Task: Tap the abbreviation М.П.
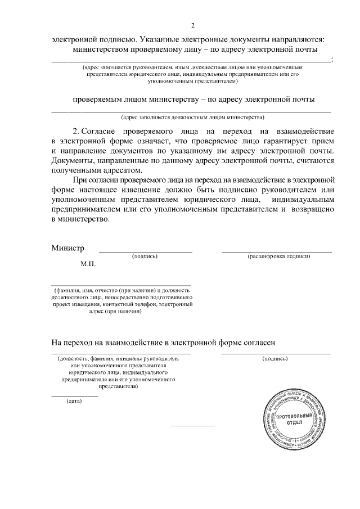(x=88, y=263)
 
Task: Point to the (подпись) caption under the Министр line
(x=145, y=256)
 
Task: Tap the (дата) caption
(x=74, y=401)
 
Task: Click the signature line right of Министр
(x=146, y=251)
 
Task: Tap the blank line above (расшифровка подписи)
(x=276, y=251)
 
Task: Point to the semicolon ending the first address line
(x=334, y=60)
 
